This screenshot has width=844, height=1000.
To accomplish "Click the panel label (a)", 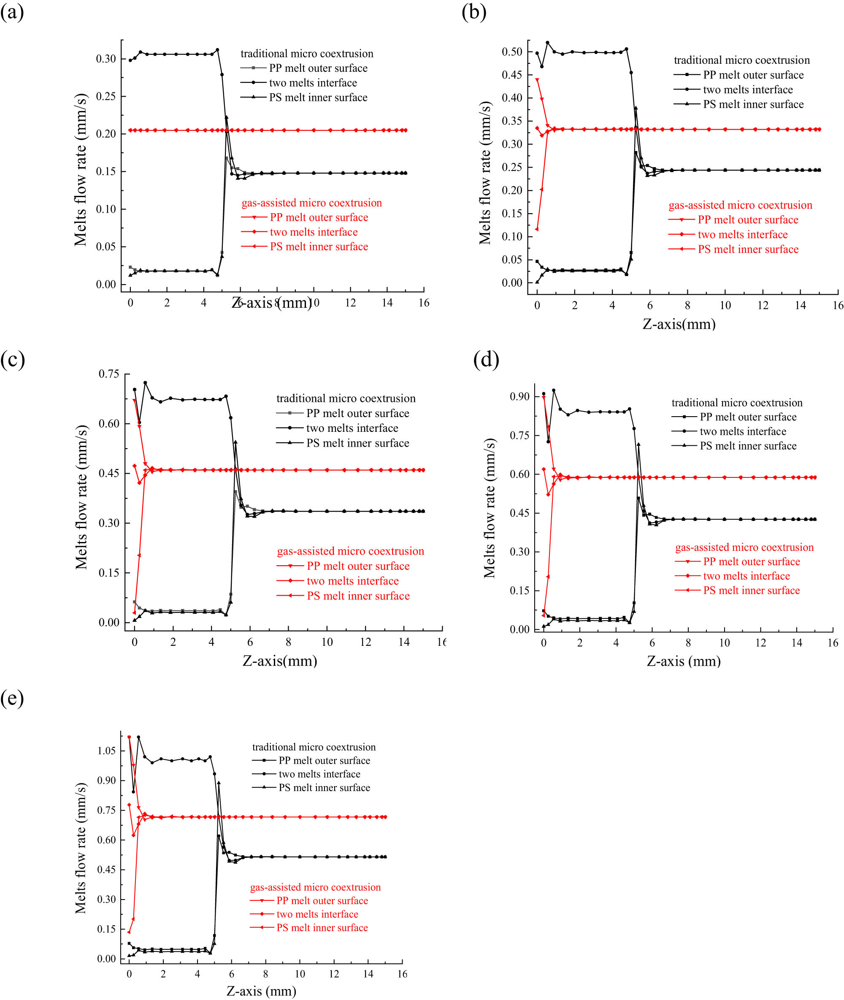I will [12, 12].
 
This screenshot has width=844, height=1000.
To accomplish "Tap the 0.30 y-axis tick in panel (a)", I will [106, 59].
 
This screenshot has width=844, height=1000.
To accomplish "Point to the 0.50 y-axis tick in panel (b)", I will [511, 51].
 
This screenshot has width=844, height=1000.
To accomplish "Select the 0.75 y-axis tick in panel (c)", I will [108, 374].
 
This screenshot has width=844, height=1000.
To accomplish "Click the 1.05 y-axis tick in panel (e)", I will [106, 751].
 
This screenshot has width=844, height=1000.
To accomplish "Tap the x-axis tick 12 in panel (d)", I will [760, 642].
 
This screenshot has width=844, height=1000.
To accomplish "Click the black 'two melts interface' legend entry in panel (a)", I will [313, 83].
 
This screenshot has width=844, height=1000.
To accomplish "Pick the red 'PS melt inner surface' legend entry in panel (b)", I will [748, 249].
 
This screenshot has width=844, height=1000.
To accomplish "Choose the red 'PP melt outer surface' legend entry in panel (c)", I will [358, 566].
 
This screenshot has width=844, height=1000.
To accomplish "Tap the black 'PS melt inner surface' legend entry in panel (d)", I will [748, 446].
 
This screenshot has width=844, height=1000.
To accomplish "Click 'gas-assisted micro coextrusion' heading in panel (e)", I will [315, 887].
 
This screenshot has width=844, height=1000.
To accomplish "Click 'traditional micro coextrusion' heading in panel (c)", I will [346, 398].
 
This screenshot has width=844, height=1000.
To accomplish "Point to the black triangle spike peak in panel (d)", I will [638, 444].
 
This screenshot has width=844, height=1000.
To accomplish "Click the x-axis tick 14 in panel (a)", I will [387, 303].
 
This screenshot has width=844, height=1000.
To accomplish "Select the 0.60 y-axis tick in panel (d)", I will [519, 474].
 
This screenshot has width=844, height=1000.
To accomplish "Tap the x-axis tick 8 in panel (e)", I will [265, 974].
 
